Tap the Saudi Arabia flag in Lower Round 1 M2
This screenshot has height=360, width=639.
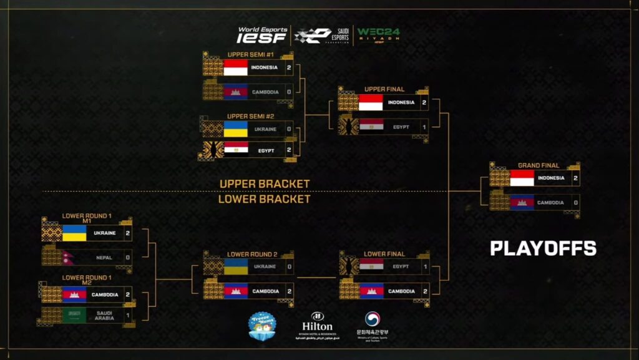click(x=74, y=314)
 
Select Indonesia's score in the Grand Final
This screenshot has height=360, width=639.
click(x=576, y=178)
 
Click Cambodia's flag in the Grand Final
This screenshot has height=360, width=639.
click(x=522, y=203)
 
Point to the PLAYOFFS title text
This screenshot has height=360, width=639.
click(x=543, y=248)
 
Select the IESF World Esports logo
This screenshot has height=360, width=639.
click(x=262, y=35)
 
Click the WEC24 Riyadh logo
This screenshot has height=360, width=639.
click(x=378, y=35)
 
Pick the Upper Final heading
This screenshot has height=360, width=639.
click(x=384, y=89)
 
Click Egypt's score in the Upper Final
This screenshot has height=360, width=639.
click(x=424, y=127)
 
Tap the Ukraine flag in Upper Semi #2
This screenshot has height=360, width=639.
click(x=235, y=129)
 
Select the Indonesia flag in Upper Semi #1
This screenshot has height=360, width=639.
click(x=236, y=67)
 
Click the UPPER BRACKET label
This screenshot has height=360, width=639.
click(x=265, y=184)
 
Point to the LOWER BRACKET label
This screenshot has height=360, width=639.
click(x=264, y=199)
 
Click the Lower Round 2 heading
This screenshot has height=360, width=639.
click(x=252, y=254)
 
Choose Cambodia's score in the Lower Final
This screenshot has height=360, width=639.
click(x=424, y=291)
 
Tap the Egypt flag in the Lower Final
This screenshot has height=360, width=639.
click(x=371, y=266)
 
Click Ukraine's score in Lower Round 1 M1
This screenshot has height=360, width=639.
click(x=127, y=233)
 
